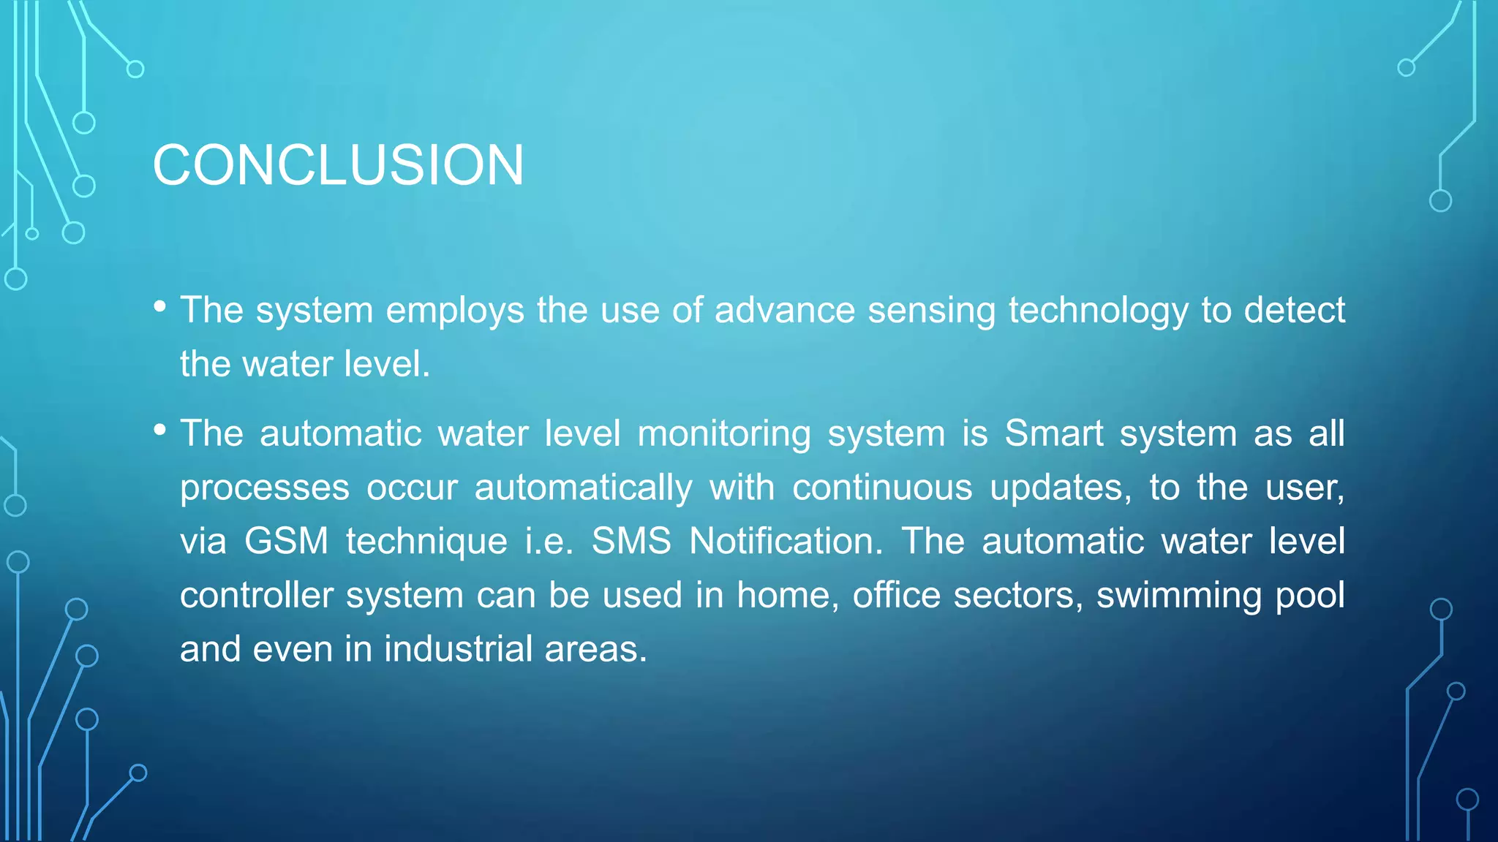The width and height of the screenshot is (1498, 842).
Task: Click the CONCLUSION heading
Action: pos(338,165)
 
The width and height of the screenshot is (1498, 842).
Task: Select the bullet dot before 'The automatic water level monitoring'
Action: pos(160,431)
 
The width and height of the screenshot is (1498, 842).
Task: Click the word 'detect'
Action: pos(1294,310)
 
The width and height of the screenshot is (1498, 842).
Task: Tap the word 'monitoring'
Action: pos(724,434)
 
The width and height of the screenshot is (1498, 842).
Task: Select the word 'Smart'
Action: pos(1054,433)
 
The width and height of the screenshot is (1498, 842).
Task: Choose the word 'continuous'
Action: pos(882,488)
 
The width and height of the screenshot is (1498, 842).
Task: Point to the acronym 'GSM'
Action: pos(286,542)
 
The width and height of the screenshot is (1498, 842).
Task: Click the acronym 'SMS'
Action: pos(631,542)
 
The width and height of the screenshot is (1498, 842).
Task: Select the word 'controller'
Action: pos(257,595)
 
